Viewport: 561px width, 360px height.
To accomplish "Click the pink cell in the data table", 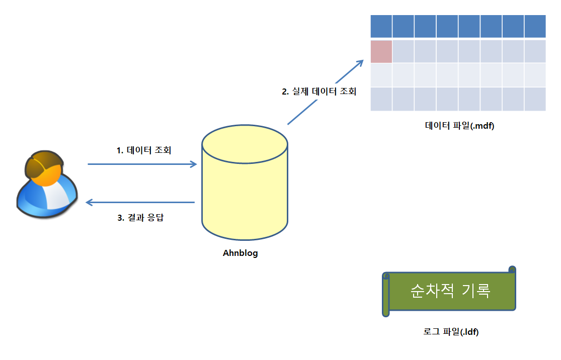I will click(x=381, y=51).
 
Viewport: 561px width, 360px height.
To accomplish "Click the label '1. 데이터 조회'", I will click(x=144, y=150).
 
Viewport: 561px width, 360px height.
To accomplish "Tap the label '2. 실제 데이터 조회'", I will click(x=319, y=92).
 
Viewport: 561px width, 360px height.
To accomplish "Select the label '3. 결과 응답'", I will click(x=140, y=218).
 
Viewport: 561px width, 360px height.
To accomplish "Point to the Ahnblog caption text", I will click(x=240, y=253).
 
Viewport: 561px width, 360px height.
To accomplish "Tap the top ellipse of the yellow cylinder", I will click(x=245, y=145).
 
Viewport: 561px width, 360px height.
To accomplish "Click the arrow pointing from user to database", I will click(x=141, y=164).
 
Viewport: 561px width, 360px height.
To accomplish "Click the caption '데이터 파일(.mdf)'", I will click(x=459, y=126).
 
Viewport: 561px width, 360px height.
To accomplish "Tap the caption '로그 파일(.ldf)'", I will click(x=451, y=332).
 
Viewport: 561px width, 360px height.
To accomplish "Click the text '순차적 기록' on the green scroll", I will click(x=450, y=291).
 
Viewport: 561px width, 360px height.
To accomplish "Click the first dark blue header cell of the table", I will click(x=381, y=26).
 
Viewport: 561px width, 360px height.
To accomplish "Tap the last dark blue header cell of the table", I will click(x=535, y=26).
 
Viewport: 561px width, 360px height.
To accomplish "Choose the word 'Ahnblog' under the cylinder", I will click(x=240, y=253).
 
